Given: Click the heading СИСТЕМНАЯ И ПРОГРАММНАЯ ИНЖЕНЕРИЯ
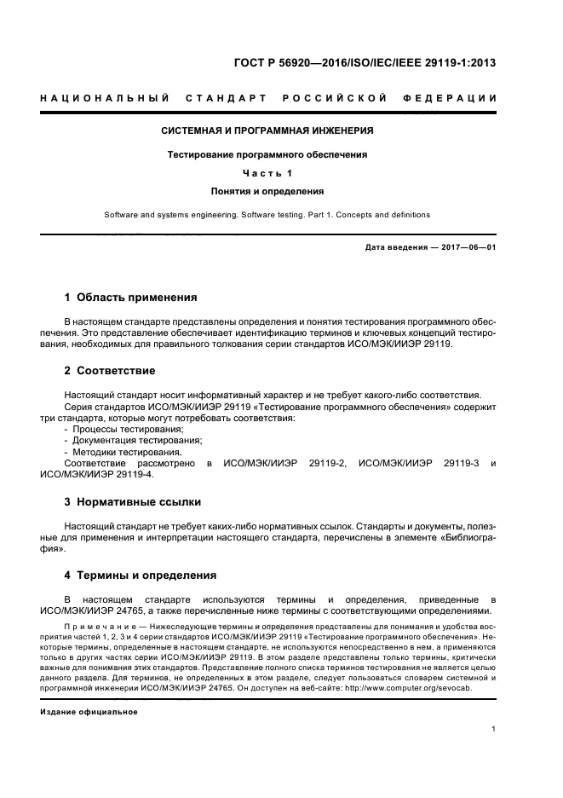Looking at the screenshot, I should click(x=267, y=131).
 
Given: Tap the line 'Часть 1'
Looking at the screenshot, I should click(x=267, y=174).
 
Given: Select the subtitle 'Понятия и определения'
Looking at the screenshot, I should click(x=267, y=192).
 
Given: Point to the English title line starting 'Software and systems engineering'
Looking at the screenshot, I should click(x=267, y=215).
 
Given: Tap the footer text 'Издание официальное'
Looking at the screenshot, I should click(x=89, y=711).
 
